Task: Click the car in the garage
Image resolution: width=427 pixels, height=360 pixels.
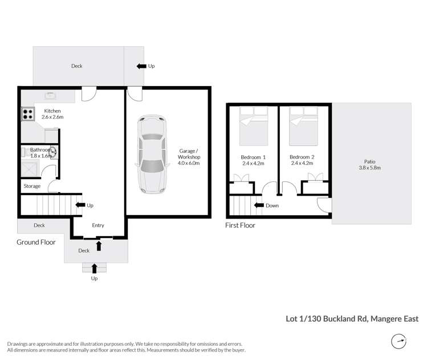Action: point(152,154)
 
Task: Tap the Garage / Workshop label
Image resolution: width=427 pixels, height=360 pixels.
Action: point(189,160)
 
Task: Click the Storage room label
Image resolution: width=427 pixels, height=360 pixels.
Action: point(32,186)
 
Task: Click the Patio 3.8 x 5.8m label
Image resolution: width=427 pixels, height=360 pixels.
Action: point(371,164)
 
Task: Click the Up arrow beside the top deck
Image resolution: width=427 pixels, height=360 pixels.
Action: point(141,66)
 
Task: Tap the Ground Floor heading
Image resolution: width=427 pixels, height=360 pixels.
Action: point(36,242)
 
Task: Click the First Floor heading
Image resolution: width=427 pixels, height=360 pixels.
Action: point(240,225)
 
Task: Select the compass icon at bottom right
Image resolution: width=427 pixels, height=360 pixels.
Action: point(399,342)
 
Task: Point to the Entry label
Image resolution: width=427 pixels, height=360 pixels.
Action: point(97,225)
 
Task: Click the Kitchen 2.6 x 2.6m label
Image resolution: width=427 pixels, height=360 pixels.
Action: point(52,114)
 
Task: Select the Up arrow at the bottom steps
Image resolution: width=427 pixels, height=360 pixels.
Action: point(94,268)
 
